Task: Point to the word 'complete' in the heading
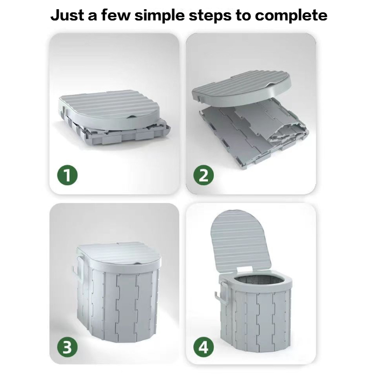pos(291,16)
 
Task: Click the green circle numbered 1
pos(67,175)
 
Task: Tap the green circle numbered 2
pos(204,175)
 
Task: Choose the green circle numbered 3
pos(67,348)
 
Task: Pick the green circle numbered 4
pos(204,348)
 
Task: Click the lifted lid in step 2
pos(242,90)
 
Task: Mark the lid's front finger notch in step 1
pos(132,117)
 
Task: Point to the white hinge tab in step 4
pos(244,270)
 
